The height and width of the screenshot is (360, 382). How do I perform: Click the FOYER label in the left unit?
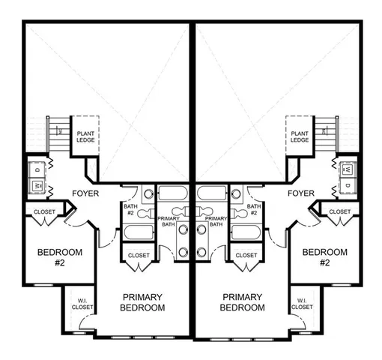pyautogui.click(x=85, y=193)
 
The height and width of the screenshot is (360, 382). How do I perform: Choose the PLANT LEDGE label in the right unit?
pyautogui.click(x=300, y=136)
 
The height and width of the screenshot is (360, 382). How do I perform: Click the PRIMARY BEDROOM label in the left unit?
pyautogui.click(x=142, y=302)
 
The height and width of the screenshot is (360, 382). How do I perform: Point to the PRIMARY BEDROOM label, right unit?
pyautogui.click(x=242, y=302)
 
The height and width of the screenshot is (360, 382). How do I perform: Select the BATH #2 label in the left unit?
pyautogui.click(x=129, y=210)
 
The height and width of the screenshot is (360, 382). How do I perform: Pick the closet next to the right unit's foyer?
pyautogui.click(x=339, y=212)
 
